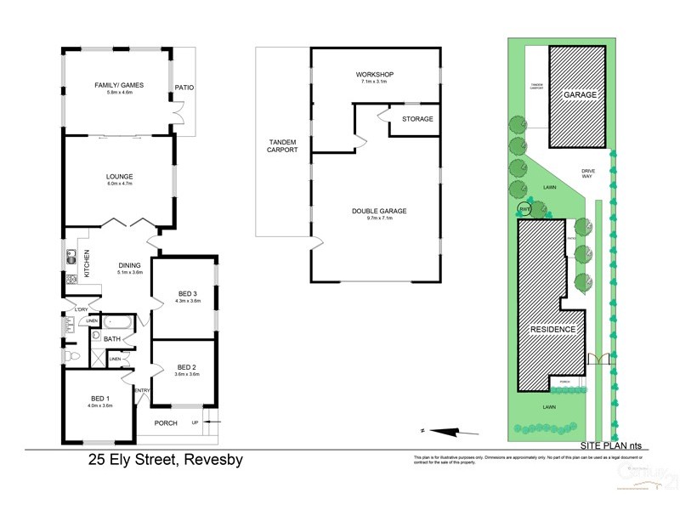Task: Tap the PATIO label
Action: [x=184, y=87]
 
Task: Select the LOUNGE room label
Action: [x=120, y=177]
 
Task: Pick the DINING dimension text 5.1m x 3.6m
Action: [x=129, y=273]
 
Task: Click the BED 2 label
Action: [x=187, y=366]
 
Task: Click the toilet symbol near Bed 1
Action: [x=71, y=356]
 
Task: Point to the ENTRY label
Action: [x=142, y=390]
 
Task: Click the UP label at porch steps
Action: [x=195, y=422]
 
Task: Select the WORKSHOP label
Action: [x=375, y=75]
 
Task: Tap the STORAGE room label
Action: [x=417, y=119]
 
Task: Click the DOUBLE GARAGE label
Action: [x=375, y=212]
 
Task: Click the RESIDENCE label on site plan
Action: [x=553, y=329]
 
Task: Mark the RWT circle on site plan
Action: [x=524, y=208]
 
